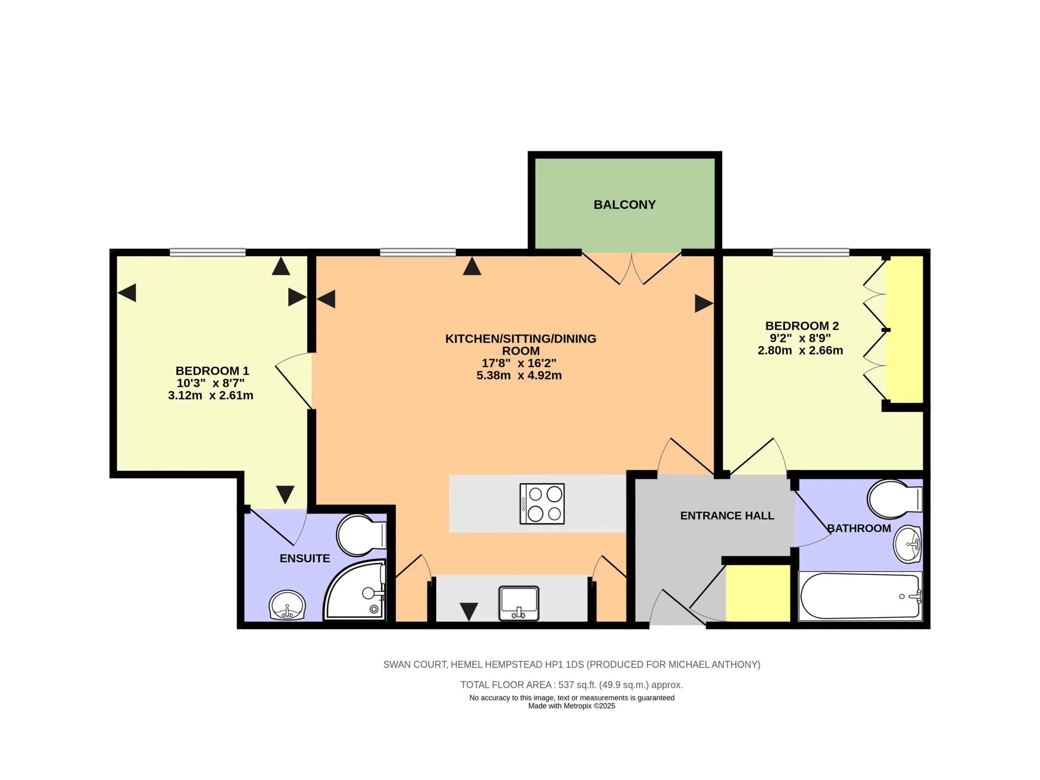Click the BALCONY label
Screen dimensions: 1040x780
point(624,205)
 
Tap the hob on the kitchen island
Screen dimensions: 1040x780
point(542,504)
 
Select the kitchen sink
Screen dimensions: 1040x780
point(519,603)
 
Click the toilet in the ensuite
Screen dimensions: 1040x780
point(361,535)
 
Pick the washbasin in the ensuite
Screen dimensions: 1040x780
point(287,605)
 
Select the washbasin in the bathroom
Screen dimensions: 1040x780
point(908,544)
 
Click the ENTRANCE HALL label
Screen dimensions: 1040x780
point(727,516)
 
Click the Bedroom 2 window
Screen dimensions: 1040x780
point(811,253)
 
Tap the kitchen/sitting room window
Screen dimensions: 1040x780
point(418,253)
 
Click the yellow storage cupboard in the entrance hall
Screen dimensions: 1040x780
point(758,593)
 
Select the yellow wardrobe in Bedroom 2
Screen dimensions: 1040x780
point(905,329)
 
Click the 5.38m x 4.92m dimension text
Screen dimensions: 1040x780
point(519,376)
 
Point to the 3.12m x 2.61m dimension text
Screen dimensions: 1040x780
point(210,395)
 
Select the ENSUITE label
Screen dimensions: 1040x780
point(305,559)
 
